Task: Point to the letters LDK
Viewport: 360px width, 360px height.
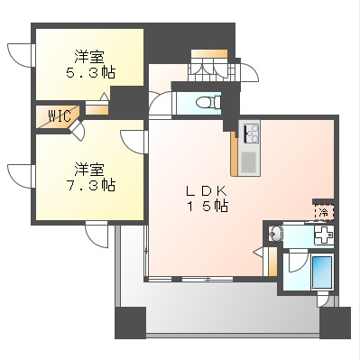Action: [208, 190]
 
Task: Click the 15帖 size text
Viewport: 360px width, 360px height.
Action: [208, 207]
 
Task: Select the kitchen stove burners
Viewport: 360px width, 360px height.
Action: [251, 134]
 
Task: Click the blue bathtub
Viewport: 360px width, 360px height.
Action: [320, 272]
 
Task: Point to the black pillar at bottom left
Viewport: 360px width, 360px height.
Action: [129, 322]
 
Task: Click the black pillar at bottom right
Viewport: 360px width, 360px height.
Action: [336, 322]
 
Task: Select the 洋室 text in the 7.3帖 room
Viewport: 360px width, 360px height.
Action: [89, 168]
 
